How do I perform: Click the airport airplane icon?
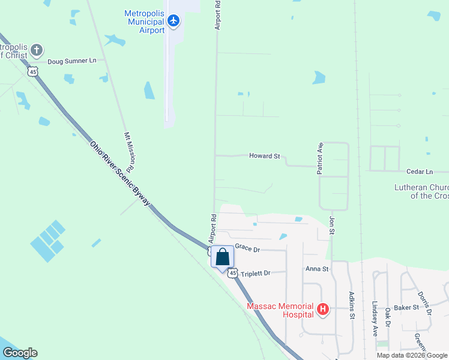point(173,21)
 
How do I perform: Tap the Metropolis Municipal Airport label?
point(144,22)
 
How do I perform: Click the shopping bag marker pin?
point(222,257)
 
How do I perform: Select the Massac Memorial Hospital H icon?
point(323,310)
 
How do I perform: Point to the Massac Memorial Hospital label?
point(280,310)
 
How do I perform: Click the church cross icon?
point(37,50)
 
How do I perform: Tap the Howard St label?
point(264,156)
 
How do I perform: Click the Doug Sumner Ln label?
point(71,61)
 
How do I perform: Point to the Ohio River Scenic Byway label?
point(120,175)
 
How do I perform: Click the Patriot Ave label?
point(321,158)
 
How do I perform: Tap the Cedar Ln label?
point(420,172)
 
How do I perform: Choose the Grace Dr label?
point(247,247)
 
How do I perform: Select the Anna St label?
point(317,269)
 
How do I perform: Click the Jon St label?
point(331,225)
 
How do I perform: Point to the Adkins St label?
point(352,305)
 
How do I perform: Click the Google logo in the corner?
point(20,353)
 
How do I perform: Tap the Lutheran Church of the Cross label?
point(421,191)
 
